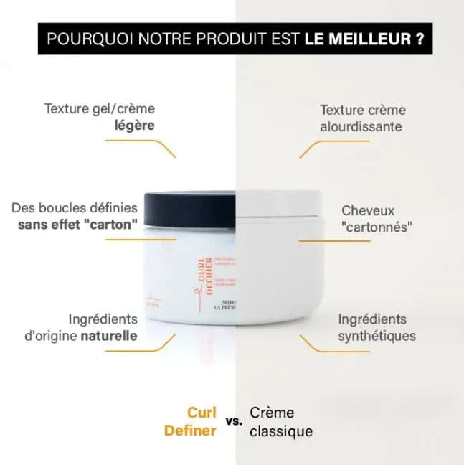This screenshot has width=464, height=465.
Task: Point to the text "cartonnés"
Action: pyautogui.click(x=378, y=228)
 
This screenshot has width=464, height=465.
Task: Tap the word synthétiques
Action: pyautogui.click(x=377, y=336)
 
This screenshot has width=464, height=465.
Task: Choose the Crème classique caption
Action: pyautogui.click(x=280, y=422)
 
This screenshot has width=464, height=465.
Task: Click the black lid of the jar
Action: pyautogui.click(x=189, y=209)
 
